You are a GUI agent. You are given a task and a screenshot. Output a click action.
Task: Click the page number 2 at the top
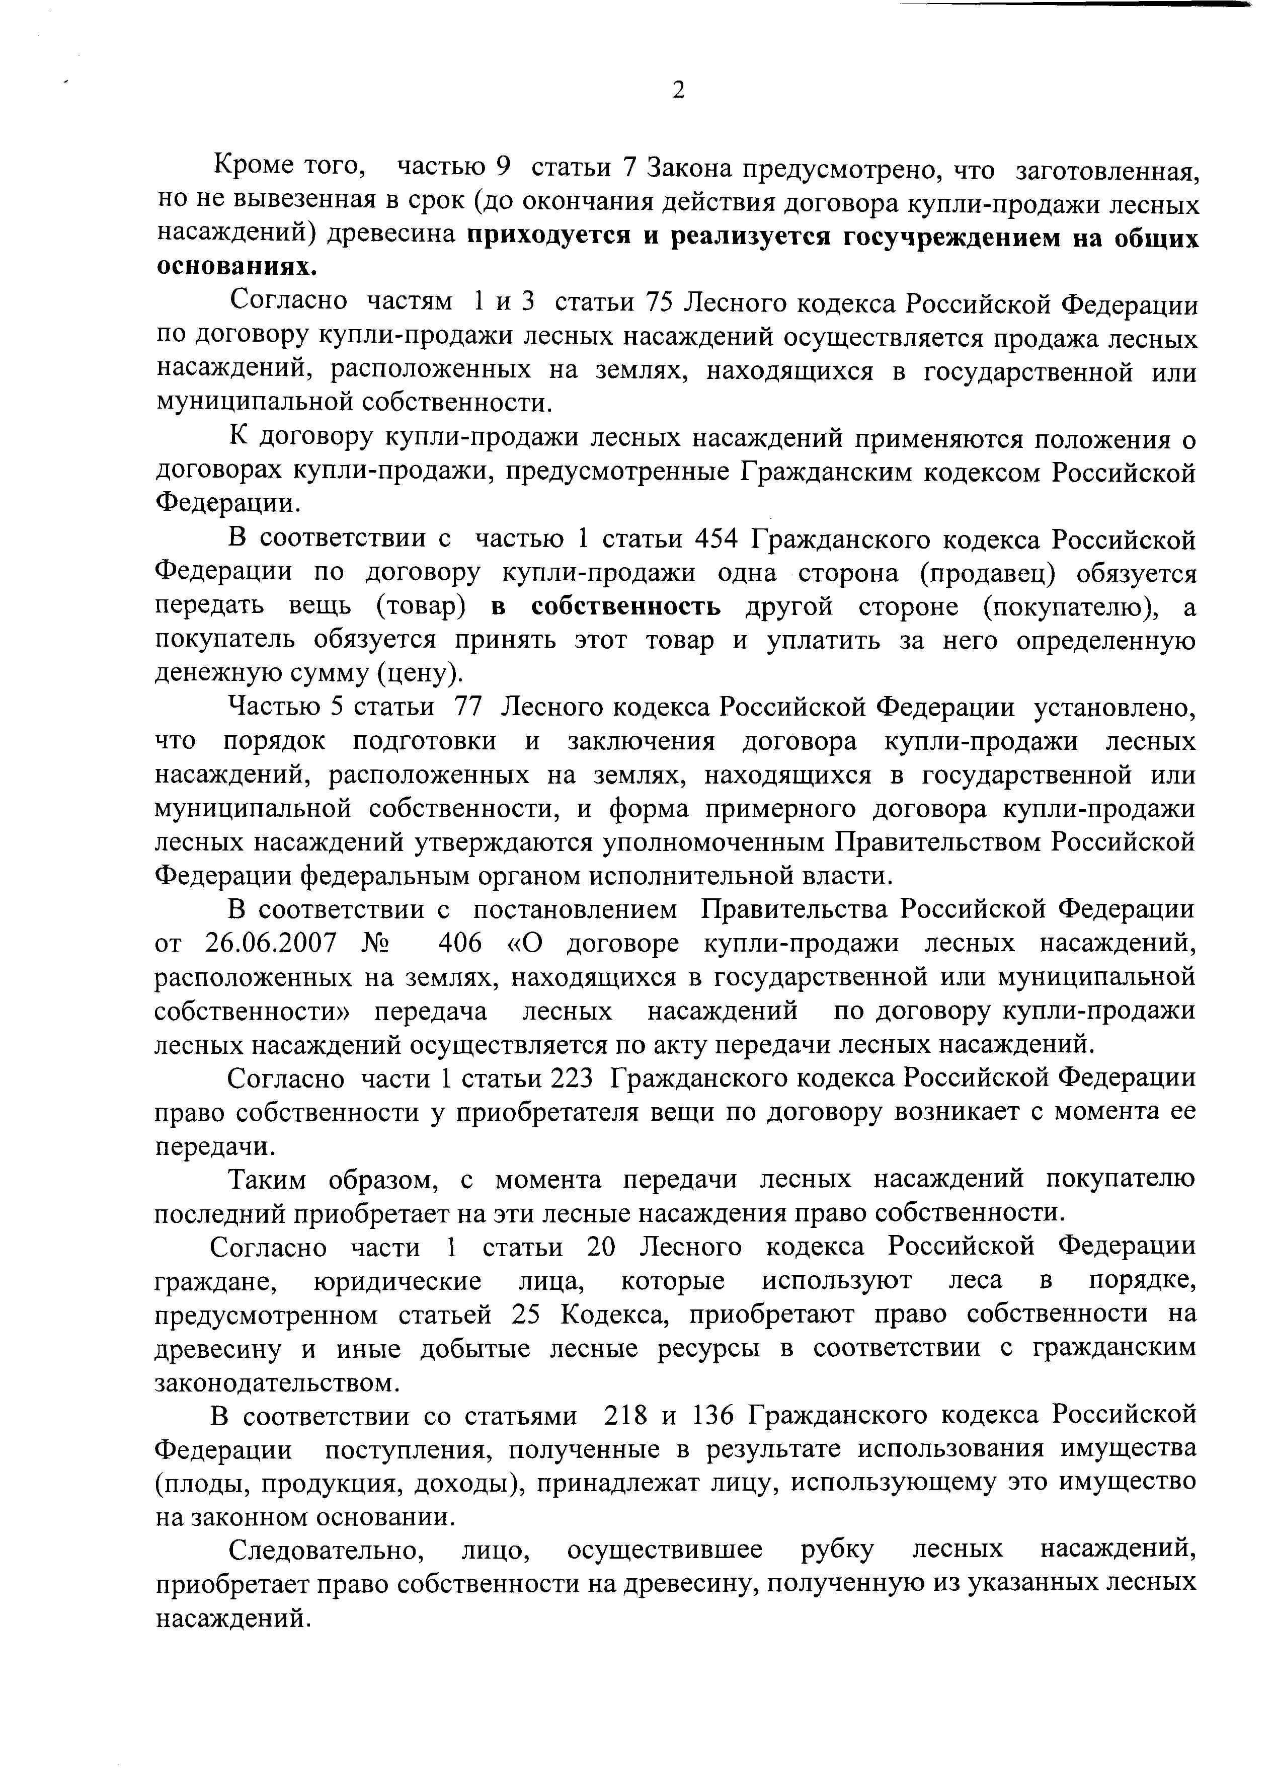(x=678, y=91)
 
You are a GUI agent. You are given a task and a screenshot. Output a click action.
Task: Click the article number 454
(x=718, y=540)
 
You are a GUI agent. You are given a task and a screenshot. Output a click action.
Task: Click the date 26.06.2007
(x=270, y=943)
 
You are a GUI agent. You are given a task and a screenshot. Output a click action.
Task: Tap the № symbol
(x=376, y=943)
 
